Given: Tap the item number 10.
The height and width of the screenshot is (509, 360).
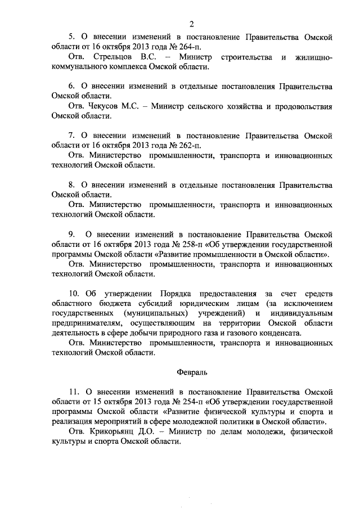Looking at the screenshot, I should pos(74,293).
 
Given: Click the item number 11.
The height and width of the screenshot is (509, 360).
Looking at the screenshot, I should pos(74,391).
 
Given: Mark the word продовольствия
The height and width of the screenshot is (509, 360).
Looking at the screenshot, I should pos(303,106).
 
